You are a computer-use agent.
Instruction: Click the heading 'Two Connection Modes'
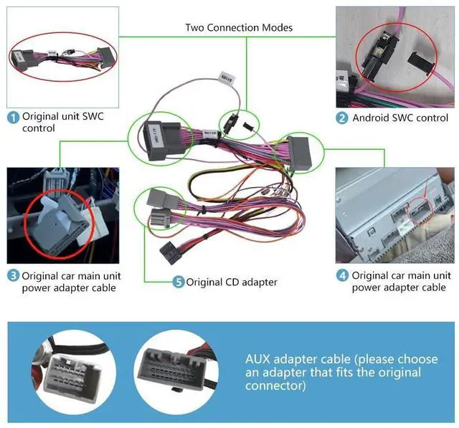238,28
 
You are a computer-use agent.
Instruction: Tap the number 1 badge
13,116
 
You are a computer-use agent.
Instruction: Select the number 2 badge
343,118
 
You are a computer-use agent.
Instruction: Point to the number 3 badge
13,275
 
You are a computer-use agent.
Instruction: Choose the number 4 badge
343,275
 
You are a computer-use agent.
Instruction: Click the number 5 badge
178,282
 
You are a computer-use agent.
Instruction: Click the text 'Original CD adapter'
231,282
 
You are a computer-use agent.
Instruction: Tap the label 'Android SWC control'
400,118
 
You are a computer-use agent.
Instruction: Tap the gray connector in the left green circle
154,136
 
